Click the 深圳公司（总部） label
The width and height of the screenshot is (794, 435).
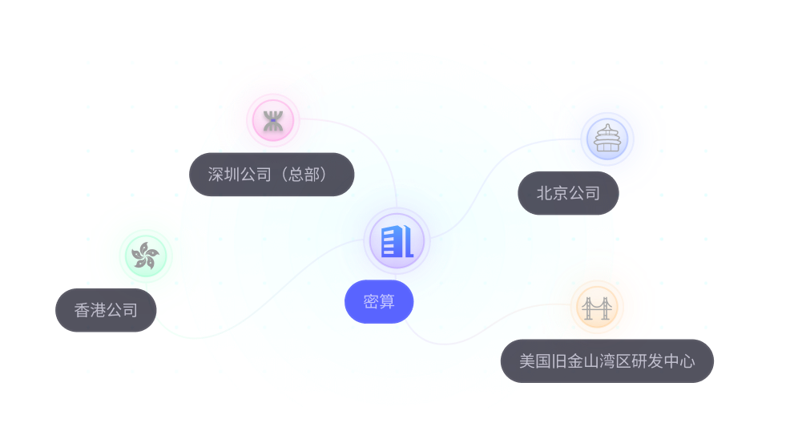[x=272, y=175]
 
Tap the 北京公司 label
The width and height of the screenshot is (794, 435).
[x=568, y=193]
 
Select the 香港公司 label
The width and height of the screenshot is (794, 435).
[x=106, y=310]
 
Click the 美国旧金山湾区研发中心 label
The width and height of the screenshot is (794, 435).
[x=607, y=361]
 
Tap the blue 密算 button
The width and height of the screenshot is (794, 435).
[x=379, y=302]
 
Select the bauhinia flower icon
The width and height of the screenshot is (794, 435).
[x=145, y=256]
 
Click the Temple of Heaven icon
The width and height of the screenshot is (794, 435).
[x=608, y=138]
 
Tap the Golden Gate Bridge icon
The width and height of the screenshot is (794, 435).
[x=596, y=308]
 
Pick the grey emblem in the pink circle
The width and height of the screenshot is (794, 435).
[x=273, y=122]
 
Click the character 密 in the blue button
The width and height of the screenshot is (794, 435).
[x=371, y=302]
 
